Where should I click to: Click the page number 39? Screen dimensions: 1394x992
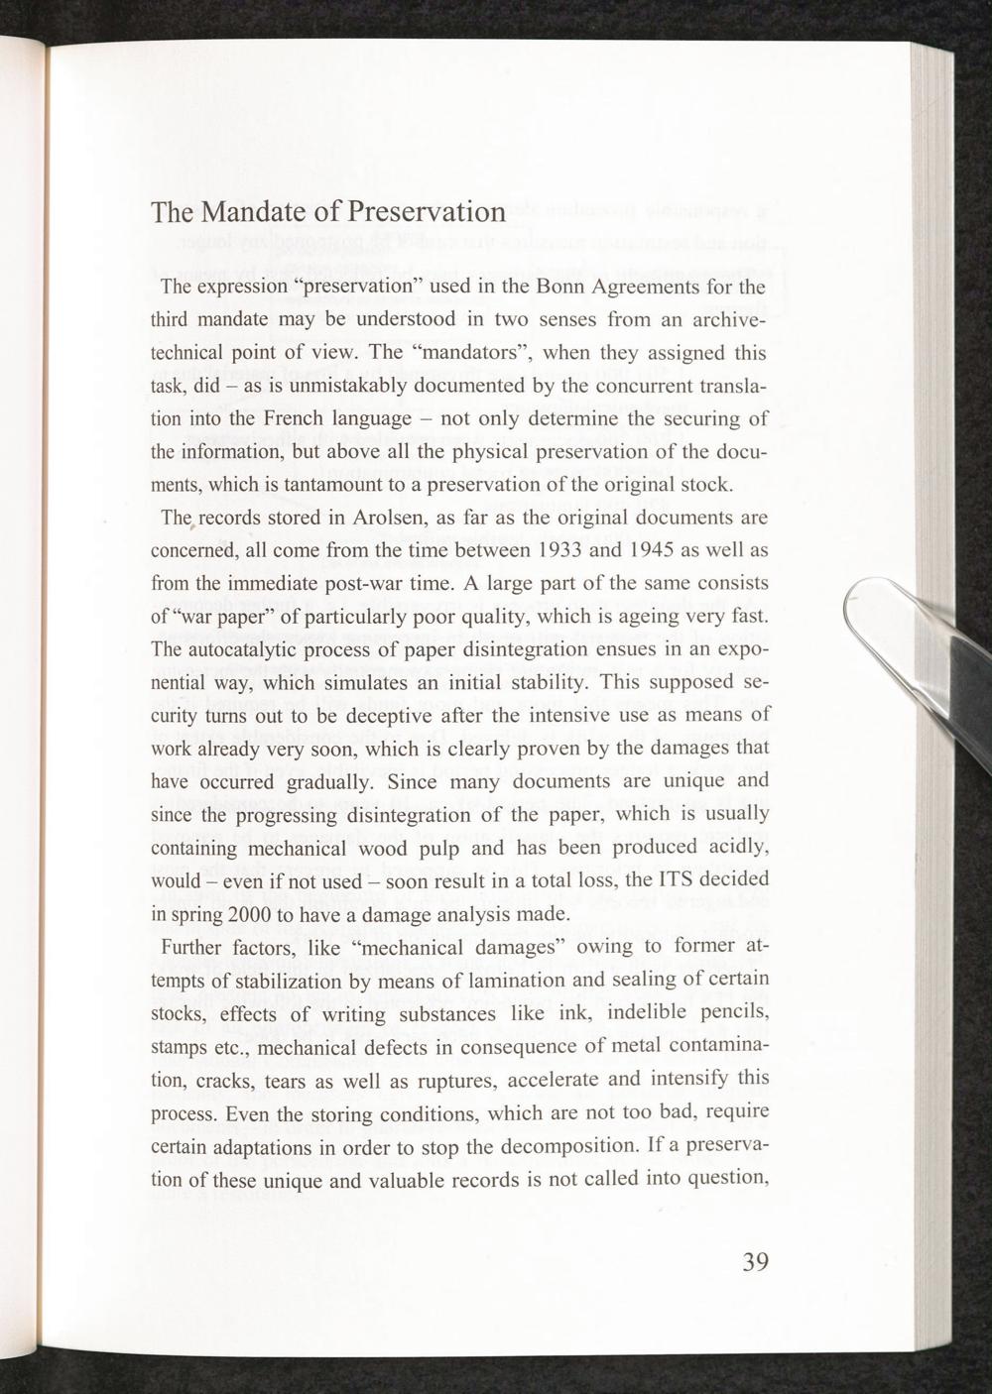pos(755,1261)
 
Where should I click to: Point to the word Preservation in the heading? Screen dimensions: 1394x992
pos(414,213)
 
